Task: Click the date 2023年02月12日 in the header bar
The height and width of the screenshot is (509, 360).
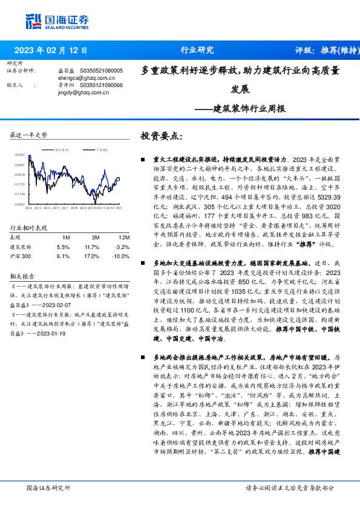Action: tap(51, 50)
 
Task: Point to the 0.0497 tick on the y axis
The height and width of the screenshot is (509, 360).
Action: tap(21, 155)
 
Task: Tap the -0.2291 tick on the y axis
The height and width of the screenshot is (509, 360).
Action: tap(21, 204)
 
